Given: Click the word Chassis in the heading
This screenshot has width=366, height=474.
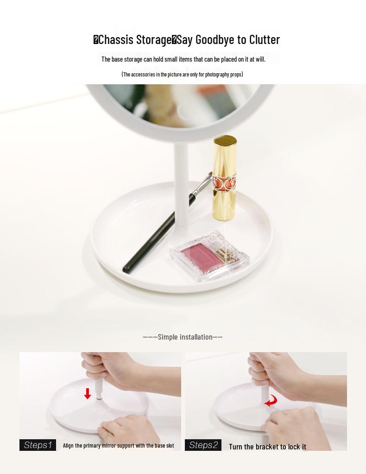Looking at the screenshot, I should click(x=115, y=40).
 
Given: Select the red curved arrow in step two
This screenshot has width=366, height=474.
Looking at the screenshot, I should click(x=271, y=401).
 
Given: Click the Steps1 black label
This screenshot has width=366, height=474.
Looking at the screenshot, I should click(x=38, y=445).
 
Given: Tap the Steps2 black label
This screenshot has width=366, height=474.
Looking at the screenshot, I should click(x=203, y=445).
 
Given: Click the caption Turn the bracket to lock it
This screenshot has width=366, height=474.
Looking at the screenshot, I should click(x=267, y=447).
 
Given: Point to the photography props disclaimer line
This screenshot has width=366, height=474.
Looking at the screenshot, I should click(x=182, y=74).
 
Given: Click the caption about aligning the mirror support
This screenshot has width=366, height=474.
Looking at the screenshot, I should click(x=118, y=446).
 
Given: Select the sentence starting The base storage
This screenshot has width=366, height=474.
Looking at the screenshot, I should click(x=183, y=59).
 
